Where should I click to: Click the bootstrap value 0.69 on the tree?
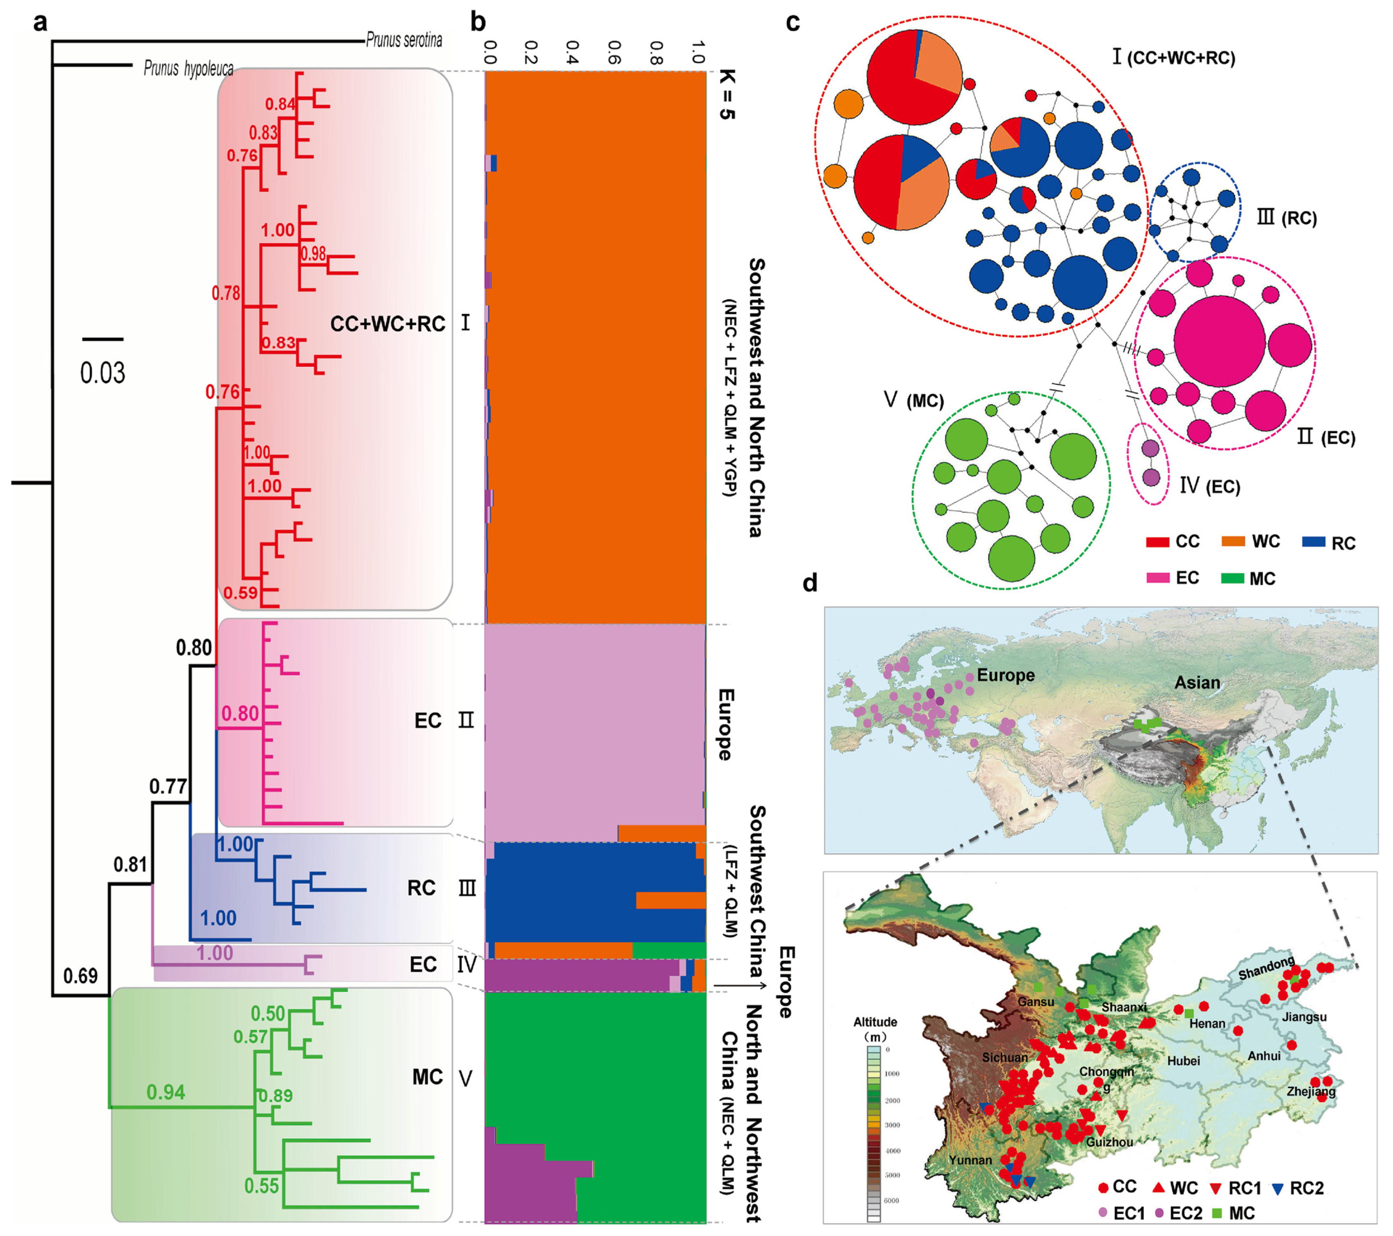(80, 976)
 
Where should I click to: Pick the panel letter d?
(810, 583)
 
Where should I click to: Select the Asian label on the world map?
(1197, 683)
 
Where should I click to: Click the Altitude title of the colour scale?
(875, 1022)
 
